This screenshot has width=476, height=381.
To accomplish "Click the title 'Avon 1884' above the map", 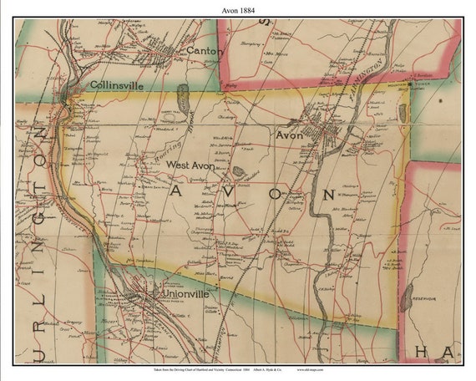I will point(237,9).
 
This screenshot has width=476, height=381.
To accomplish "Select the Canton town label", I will point(205,51).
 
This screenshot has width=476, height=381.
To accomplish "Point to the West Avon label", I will point(190,165).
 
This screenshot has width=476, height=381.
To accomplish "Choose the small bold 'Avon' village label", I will point(289,134).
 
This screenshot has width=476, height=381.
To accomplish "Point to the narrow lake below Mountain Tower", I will point(403,114).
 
